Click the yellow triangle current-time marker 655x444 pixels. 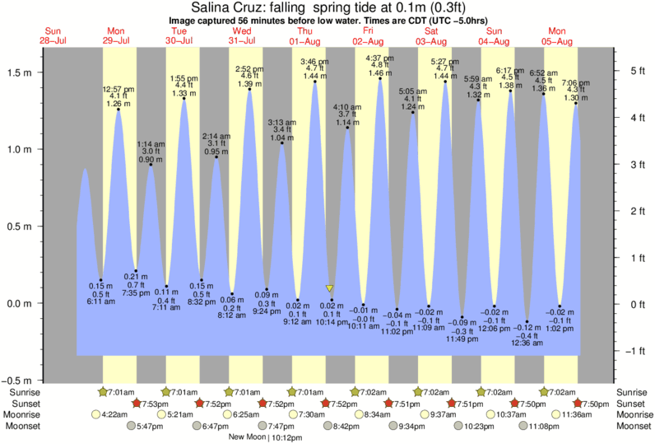pyautogui.click(x=329, y=288)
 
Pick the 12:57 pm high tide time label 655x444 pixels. pyautogui.click(x=118, y=88)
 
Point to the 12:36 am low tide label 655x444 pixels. pyautogui.click(x=527, y=343)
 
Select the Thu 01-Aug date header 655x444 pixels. pyautogui.click(x=304, y=35)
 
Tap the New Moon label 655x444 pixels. pyautogui.click(x=249, y=437)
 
